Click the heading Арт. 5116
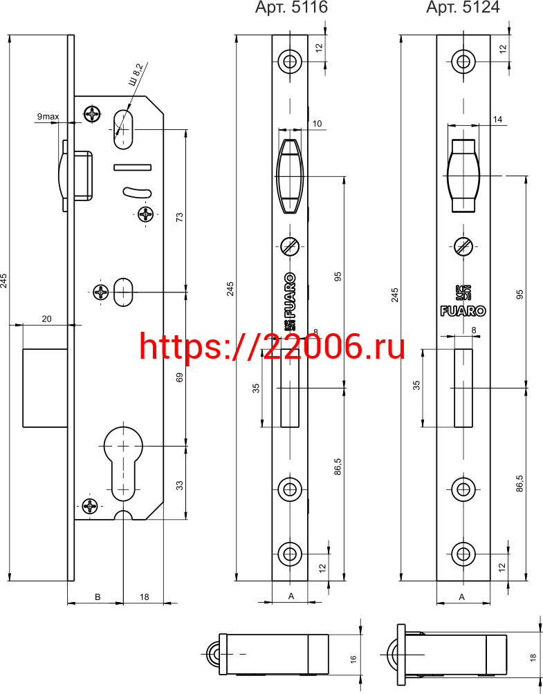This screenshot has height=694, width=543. coord(291,7)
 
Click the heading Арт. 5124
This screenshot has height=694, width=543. coord(463,7)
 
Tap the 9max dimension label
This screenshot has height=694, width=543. coord(48,116)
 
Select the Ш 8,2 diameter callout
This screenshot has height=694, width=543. coord(136,75)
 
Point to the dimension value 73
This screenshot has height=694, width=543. coord(180,217)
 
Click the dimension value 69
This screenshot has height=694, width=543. coord(180,378)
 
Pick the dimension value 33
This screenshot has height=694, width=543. coord(180,485)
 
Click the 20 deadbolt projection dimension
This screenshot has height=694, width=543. coord(47,319)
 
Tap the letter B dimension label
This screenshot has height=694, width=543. coord(98,597)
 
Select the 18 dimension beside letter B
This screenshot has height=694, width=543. coord(145,597)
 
